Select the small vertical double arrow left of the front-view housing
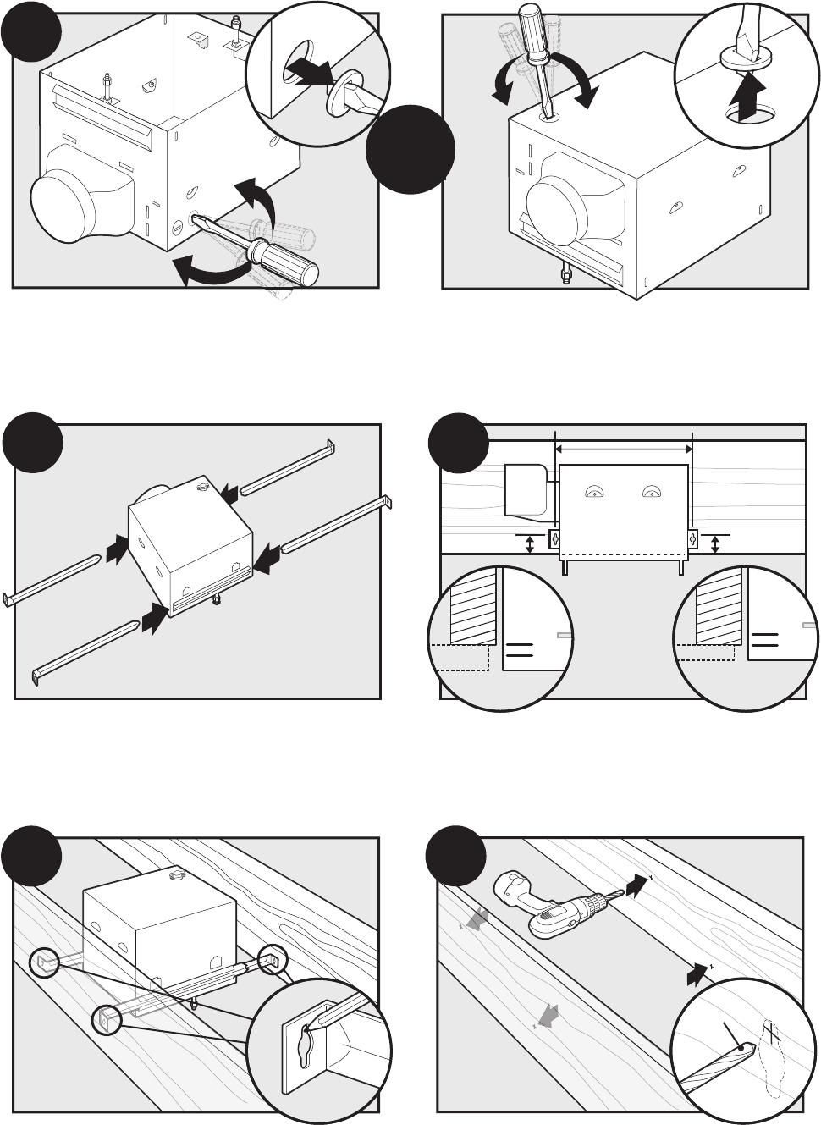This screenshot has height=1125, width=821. [x=531, y=543]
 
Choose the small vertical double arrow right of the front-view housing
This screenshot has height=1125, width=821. [x=716, y=543]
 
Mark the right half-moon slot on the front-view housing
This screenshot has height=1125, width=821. [x=650, y=492]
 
